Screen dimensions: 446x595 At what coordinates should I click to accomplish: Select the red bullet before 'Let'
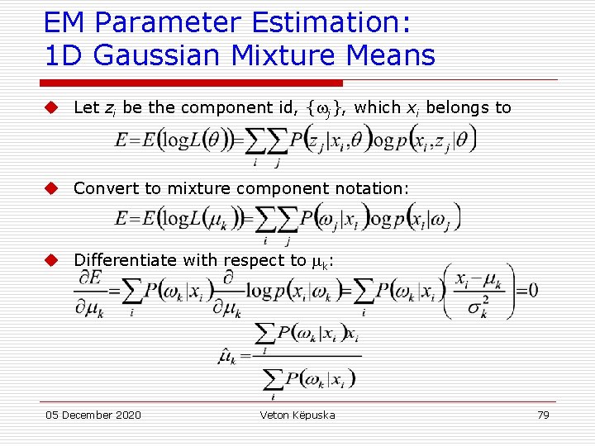click(x=51, y=107)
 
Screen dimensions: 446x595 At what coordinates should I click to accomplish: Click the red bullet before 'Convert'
click(x=51, y=188)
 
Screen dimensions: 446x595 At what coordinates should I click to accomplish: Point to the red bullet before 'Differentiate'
click(x=51, y=260)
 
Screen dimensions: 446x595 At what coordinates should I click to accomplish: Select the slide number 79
click(x=543, y=415)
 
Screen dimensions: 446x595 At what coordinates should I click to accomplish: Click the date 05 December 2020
click(x=93, y=415)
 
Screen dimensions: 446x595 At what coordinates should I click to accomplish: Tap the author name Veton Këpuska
click(x=297, y=415)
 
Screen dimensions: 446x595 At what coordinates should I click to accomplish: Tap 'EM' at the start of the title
click(x=63, y=22)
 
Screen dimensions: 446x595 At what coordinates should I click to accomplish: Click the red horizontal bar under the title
click(x=193, y=83)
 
